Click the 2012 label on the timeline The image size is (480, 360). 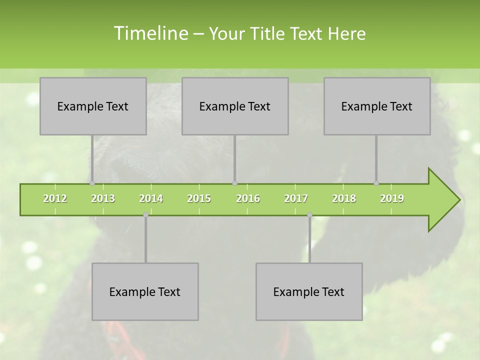tap(55, 198)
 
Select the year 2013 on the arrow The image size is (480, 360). tap(103, 198)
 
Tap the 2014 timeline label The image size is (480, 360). tap(151, 198)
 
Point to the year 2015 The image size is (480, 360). tap(199, 198)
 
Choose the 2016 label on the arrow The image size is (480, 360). tap(248, 198)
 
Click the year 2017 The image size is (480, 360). tap(296, 198)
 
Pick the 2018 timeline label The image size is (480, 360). tap(344, 198)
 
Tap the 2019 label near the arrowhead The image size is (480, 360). tap(392, 198)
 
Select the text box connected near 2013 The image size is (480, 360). tap(93, 106)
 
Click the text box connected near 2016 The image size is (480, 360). tap(235, 106)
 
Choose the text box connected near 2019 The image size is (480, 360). tap(377, 106)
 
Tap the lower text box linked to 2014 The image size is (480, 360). tap(145, 291)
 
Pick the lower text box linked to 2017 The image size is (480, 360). tap(309, 291)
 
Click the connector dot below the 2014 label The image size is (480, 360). tap(145, 215)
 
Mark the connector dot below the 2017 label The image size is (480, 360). tap(309, 215)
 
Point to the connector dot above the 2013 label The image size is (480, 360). tap(92, 183)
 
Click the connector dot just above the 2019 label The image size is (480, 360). tap(376, 183)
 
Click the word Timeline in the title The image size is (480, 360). tap(150, 33)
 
